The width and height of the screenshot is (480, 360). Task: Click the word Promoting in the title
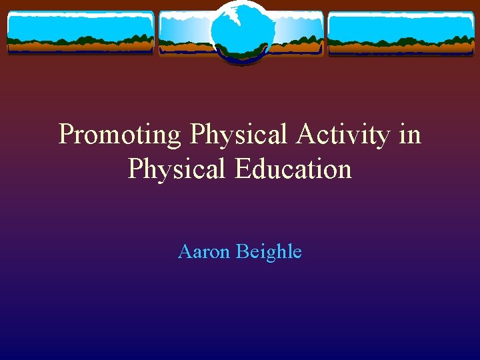coord(119,135)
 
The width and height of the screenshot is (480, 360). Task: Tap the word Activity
coord(342,135)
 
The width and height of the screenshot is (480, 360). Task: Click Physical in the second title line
coord(177,169)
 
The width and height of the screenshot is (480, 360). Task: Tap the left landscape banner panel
coord(80,33)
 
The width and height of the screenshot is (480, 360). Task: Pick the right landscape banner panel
coord(401,33)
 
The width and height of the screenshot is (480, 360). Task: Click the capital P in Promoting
coord(66,135)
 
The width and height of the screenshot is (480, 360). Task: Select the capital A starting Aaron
coord(185,252)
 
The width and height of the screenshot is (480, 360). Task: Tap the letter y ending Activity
coord(383,137)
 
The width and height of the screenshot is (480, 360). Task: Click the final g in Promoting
coord(173,137)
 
